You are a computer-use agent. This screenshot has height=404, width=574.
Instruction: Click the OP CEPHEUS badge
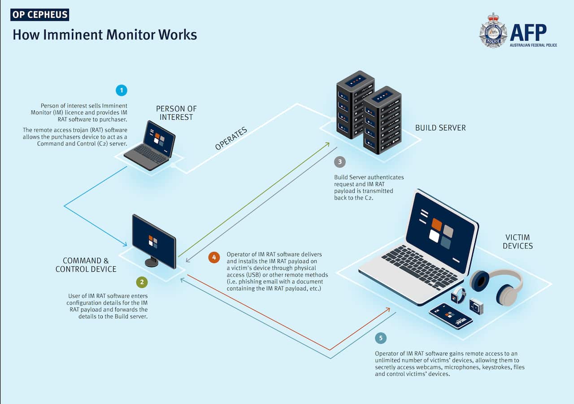pos(40,14)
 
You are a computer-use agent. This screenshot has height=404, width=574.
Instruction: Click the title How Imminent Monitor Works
pos(104,35)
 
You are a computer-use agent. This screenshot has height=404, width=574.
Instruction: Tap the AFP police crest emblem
pos(493,30)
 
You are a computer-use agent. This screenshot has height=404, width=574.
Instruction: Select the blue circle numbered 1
pos(121,90)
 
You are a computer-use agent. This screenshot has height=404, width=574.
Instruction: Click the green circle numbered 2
pos(142,282)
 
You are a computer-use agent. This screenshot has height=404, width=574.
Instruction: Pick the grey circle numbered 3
pos(340,162)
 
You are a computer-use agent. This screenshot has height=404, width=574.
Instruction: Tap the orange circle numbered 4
pos(214,257)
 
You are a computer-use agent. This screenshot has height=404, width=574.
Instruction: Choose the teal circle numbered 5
pos(381,338)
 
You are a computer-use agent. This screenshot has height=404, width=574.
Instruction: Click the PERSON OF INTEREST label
pos(176,113)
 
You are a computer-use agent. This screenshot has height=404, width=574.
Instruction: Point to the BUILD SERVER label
pos(440,128)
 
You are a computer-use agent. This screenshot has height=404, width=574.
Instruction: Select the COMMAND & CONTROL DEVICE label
pos(86,265)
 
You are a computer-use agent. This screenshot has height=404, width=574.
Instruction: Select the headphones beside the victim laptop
pos(497,286)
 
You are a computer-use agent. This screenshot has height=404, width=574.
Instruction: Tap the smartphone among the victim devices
pos(450,316)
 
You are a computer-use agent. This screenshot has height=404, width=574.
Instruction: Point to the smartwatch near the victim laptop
pos(458,295)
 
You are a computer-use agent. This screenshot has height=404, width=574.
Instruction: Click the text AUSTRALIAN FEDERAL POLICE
pos(533,45)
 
